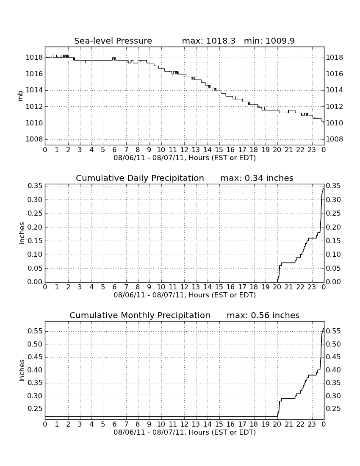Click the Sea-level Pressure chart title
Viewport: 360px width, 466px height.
click(x=113, y=41)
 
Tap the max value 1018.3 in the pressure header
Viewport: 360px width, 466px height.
click(x=220, y=41)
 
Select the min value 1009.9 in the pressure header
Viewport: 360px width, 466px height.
click(x=280, y=41)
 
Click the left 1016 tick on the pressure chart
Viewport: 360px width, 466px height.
click(x=34, y=74)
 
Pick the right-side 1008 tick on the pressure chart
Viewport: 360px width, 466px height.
click(x=335, y=139)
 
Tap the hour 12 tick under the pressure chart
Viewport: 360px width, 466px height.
click(x=184, y=150)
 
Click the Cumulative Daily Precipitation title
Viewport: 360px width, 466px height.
click(x=140, y=178)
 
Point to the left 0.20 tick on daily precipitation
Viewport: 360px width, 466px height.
click(x=35, y=227)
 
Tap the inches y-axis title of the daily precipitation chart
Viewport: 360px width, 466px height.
click(x=21, y=233)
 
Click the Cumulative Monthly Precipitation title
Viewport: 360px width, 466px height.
click(x=140, y=315)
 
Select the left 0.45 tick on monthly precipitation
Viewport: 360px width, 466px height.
click(x=35, y=357)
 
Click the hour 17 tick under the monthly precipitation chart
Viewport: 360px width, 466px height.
click(x=242, y=424)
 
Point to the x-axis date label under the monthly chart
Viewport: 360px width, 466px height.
click(x=185, y=433)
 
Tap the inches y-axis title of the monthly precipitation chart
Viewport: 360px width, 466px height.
click(x=21, y=370)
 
